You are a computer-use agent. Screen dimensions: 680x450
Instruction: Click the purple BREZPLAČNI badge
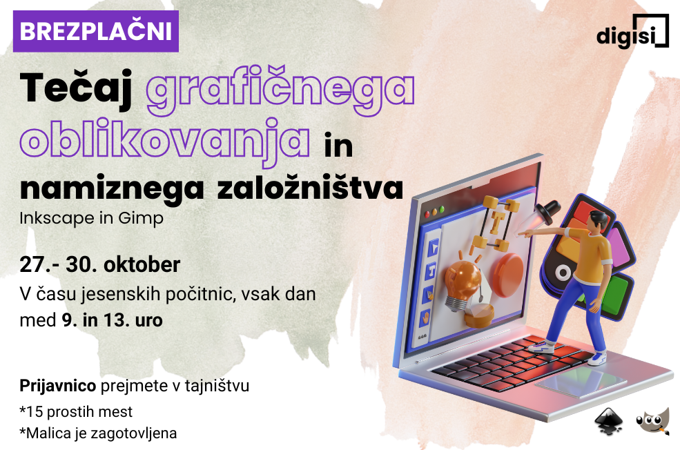tap(96, 31)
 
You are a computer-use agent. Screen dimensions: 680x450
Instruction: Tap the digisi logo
tap(633, 31)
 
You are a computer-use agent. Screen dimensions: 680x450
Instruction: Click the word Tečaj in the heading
tap(77, 88)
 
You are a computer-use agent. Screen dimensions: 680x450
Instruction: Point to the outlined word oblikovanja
tap(165, 141)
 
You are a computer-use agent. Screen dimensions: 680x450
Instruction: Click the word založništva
tap(310, 188)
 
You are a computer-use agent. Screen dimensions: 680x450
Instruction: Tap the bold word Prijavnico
tap(58, 385)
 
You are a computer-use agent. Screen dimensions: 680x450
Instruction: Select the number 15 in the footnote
tap(35, 412)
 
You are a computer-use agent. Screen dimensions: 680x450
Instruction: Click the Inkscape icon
tap(609, 420)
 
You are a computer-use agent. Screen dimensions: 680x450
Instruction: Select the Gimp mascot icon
tap(653, 420)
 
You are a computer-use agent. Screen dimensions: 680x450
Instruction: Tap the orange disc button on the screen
tap(508, 275)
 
